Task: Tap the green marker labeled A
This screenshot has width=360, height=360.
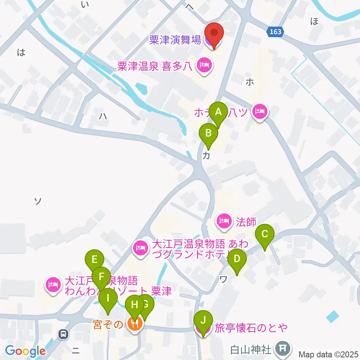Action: [218, 112]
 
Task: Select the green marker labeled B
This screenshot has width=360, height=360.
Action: [208, 133]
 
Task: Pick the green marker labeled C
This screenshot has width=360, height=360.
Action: [265, 235]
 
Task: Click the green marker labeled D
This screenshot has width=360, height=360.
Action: [237, 259]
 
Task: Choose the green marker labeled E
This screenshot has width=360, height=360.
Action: [94, 259]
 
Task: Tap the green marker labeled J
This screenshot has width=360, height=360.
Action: [203, 321]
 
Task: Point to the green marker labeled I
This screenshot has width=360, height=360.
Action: [108, 299]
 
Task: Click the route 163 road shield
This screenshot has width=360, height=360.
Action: [275, 32]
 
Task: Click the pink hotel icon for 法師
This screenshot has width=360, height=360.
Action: [224, 221]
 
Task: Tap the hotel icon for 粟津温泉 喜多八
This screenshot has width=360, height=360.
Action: [205, 66]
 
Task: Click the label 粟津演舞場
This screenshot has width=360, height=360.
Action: [175, 40]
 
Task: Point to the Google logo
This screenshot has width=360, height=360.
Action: [25, 351]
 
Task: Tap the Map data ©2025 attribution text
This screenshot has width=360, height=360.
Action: [328, 354]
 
